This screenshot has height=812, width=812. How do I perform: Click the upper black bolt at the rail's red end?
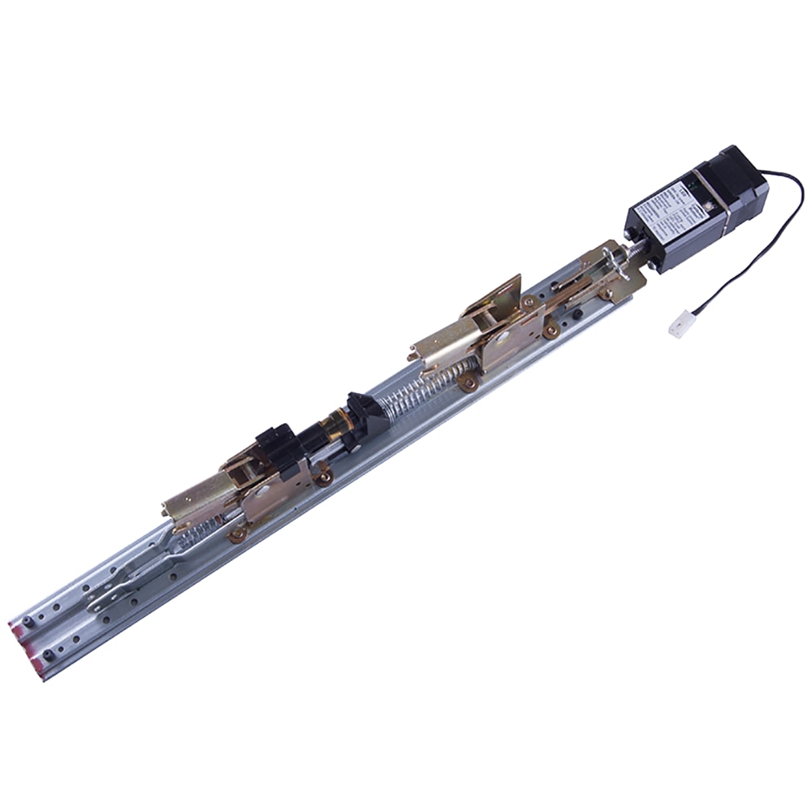point(29,620)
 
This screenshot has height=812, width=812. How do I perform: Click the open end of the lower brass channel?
point(170,507)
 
